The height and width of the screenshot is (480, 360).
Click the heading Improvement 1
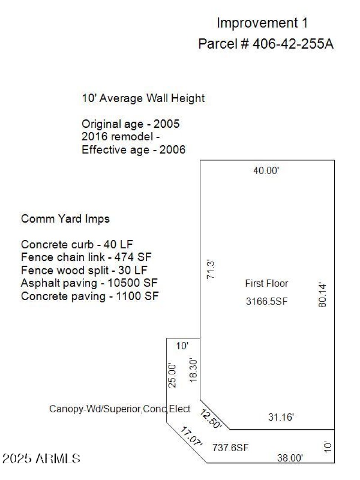262,22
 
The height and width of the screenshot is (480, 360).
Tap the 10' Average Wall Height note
143,98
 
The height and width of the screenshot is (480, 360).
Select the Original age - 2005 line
130,124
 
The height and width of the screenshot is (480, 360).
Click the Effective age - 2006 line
133,150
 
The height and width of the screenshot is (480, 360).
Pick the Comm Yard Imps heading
65,219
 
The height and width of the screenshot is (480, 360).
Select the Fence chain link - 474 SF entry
86,257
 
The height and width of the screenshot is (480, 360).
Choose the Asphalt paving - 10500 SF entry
89,283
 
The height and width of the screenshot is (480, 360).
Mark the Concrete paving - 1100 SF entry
90,296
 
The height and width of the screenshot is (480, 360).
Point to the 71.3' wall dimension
210,269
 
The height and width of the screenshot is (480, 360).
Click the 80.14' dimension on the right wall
322,295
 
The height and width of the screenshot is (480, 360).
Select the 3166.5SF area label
266,302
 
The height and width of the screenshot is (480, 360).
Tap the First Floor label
266,283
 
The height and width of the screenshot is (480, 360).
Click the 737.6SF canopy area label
230,448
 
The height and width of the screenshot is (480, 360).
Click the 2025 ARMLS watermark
41,459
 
